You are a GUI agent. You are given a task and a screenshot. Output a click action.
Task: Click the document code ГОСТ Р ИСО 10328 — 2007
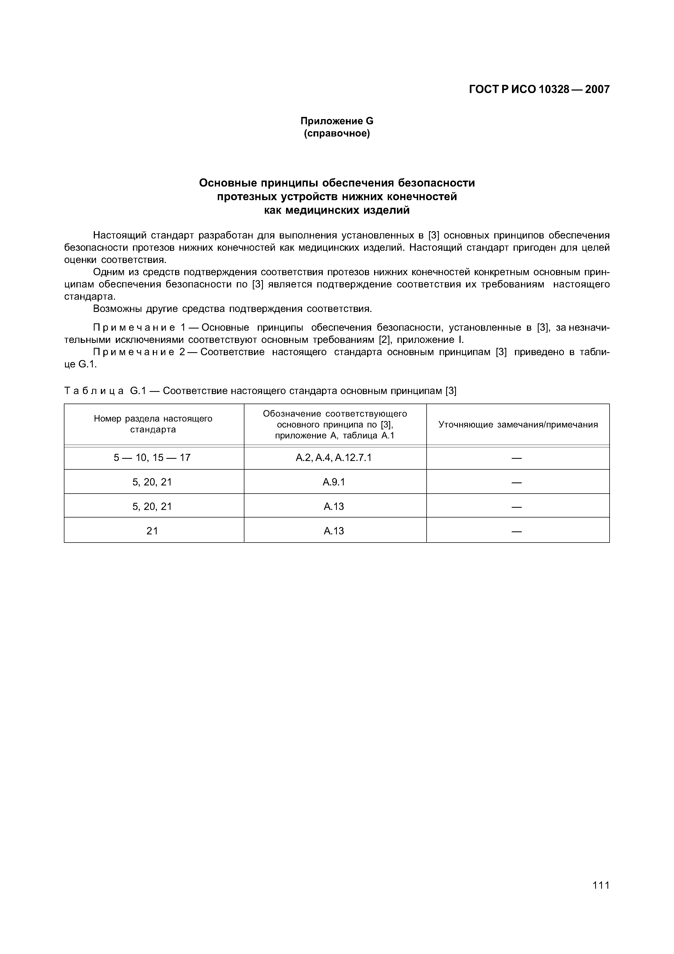tap(539, 89)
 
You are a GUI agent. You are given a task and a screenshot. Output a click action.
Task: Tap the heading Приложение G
tap(337, 121)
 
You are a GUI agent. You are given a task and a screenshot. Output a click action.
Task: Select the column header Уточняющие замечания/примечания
tap(518, 424)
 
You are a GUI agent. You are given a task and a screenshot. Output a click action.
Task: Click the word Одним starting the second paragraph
tap(108, 272)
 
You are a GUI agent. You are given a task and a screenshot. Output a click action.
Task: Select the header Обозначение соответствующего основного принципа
tap(335, 424)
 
